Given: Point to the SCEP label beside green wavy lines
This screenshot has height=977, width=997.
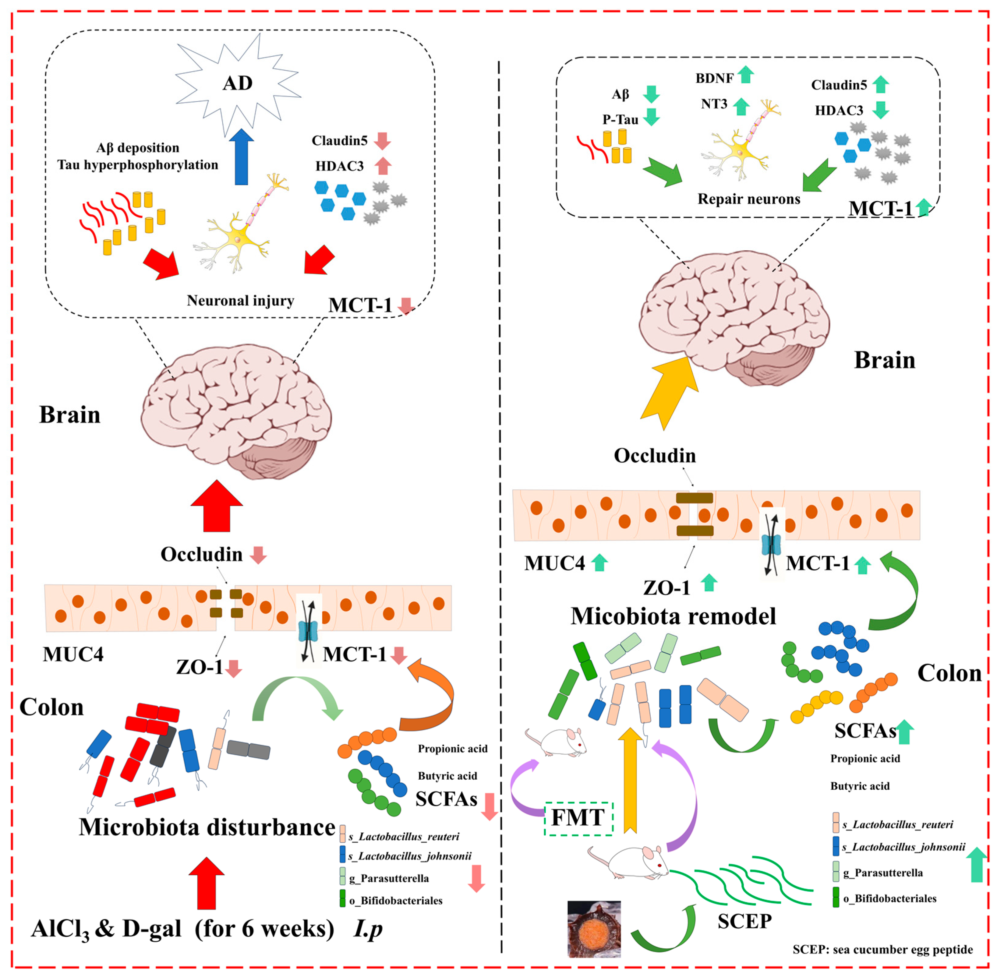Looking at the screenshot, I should [744, 921].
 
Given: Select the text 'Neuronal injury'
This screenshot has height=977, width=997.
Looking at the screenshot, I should [240, 300].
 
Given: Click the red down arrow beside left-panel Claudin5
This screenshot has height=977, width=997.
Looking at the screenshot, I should [382, 140].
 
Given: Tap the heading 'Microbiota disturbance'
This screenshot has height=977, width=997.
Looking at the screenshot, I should [207, 827].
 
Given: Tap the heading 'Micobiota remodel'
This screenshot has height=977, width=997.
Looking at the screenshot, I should [673, 616].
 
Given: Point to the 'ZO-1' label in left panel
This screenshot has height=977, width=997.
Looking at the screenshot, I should [199, 667].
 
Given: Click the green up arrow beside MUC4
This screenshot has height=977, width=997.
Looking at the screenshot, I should [599, 563].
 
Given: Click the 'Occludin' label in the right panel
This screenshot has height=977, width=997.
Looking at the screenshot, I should [655, 455].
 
